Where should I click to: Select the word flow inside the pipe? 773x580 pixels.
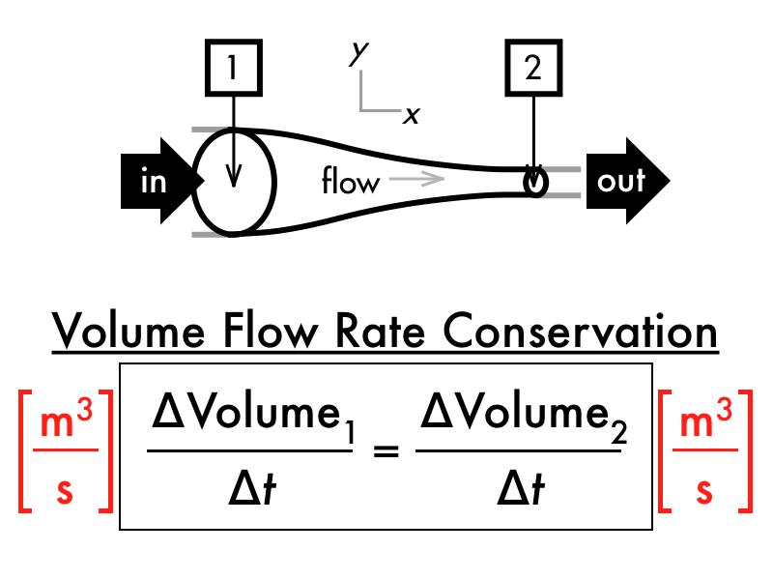tap(350, 181)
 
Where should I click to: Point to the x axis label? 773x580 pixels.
tap(413, 115)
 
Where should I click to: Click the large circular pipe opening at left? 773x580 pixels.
tap(235, 181)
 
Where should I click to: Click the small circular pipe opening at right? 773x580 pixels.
tap(534, 181)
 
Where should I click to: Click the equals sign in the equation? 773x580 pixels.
tap(386, 449)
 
